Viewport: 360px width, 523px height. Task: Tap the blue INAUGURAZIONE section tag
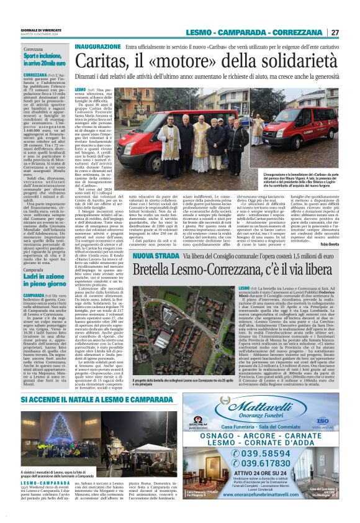[x=97, y=47]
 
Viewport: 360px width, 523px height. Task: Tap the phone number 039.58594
[x=268, y=452]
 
